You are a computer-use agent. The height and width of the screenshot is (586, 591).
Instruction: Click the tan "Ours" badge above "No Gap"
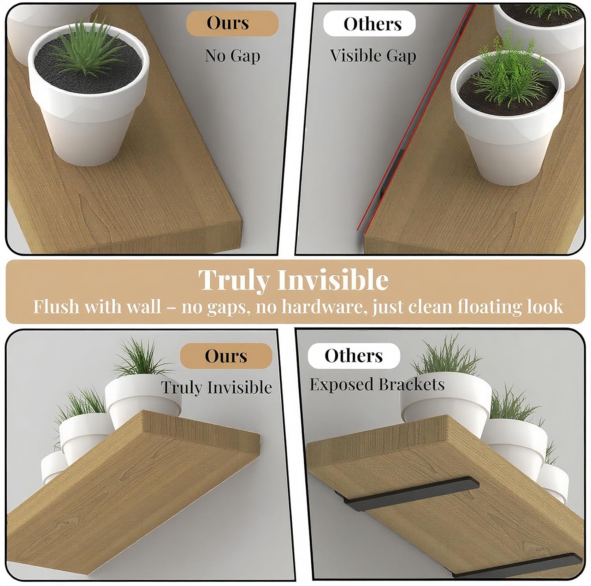232,23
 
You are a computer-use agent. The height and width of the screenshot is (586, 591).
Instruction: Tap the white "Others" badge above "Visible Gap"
370,24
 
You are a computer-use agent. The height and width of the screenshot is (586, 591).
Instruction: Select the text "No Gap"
232,56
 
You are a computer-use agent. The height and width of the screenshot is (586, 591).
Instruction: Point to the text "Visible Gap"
373,56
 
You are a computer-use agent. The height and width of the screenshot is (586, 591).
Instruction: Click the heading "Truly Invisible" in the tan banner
294,280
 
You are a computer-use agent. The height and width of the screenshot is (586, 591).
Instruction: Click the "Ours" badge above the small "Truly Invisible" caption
226,356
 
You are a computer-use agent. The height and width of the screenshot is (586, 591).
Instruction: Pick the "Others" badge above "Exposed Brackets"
354,356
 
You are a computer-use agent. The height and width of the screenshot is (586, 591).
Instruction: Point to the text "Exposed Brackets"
377,385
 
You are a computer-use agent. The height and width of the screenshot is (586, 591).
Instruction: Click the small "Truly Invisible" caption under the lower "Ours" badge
217,387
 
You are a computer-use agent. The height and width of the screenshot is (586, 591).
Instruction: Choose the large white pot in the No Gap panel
88,99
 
